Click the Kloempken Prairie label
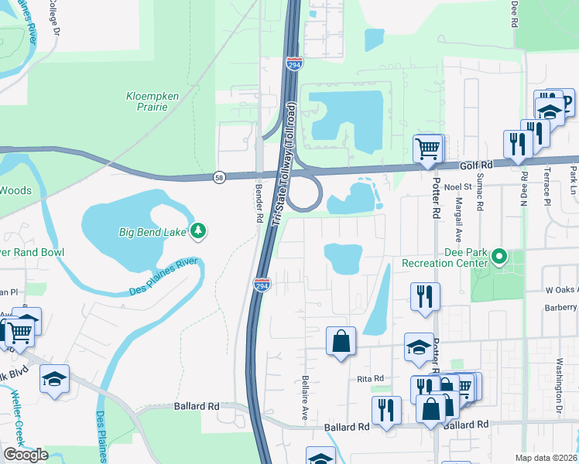tap(146, 101)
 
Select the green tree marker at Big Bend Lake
tap(199, 230)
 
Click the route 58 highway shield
tap(220, 177)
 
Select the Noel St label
tap(457, 186)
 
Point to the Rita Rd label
tap(371, 378)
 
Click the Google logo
tap(26, 455)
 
